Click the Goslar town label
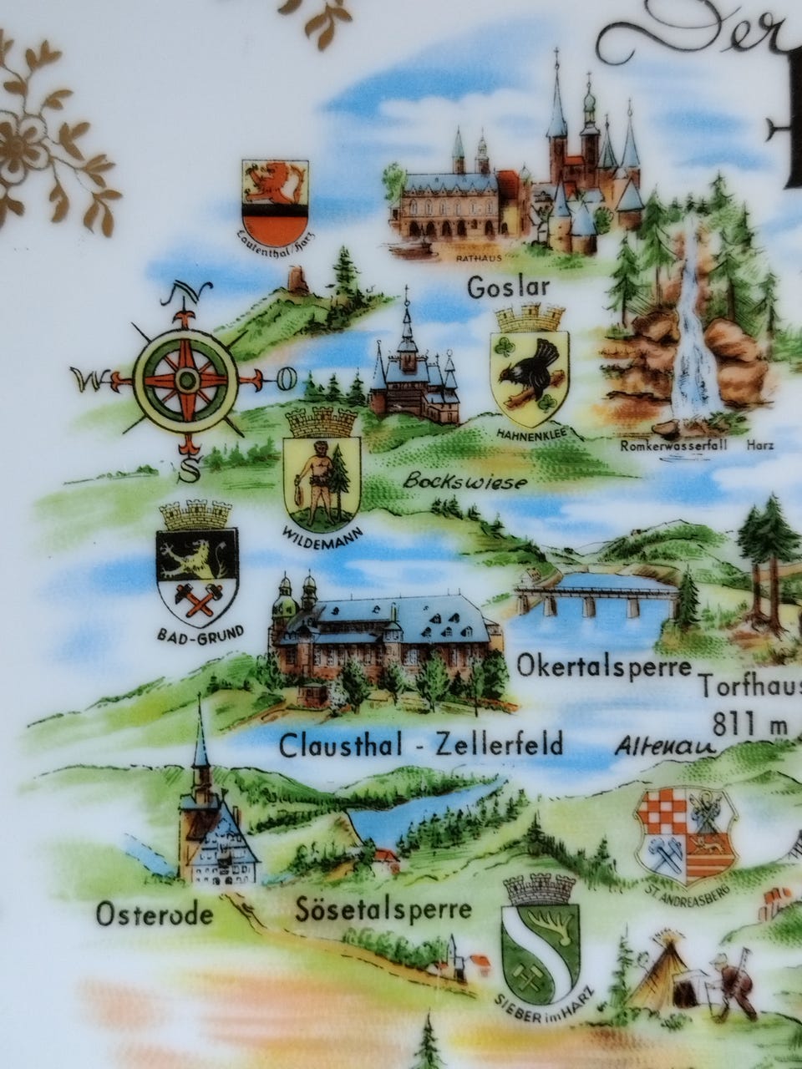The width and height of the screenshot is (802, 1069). tap(508, 288)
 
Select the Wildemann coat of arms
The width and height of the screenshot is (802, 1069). tap(322, 472)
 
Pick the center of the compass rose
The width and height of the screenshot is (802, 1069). tap(185, 380)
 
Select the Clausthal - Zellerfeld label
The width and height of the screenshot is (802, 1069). tap(421, 743)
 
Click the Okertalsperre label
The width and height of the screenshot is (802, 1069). tap(604, 667)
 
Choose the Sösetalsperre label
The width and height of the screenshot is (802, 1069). tap(383, 909)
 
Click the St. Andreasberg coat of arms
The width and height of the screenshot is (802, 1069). tap(685, 834)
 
